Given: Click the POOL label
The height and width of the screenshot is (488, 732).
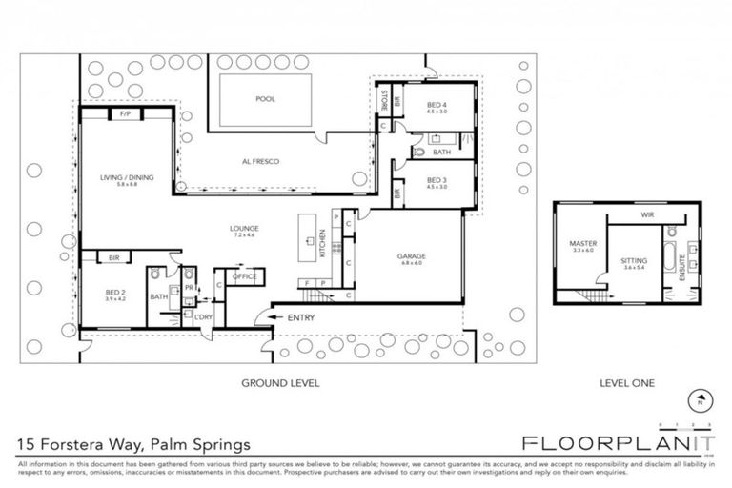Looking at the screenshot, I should (264, 99).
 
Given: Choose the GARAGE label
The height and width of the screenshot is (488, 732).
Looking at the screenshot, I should (412, 256).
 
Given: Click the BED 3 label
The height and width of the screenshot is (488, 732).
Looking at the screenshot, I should (437, 180).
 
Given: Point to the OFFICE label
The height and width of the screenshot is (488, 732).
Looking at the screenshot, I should (245, 276).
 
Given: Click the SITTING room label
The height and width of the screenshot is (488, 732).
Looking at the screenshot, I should (633, 260).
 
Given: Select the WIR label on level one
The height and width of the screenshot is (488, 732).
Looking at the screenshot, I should (646, 215).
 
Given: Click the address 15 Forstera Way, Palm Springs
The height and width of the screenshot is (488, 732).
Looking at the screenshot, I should (133, 444).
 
